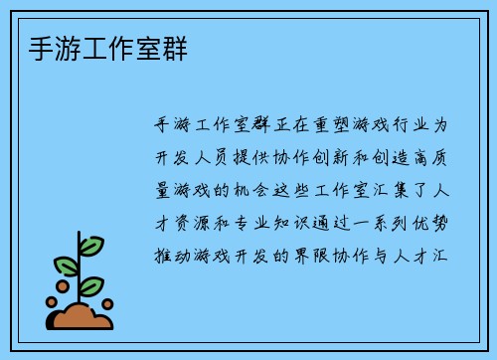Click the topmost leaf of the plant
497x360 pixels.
point(91,245)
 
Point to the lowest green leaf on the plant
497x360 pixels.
point(91,286)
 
